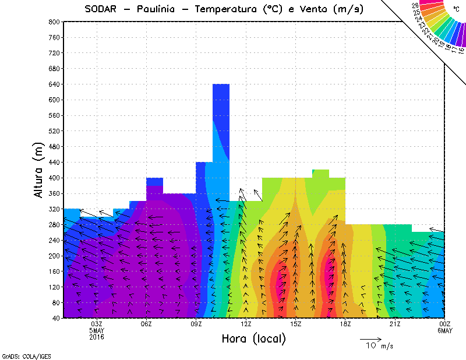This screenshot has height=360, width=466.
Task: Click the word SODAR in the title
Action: click(x=100, y=9)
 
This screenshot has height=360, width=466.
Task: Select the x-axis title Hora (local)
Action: click(x=253, y=338)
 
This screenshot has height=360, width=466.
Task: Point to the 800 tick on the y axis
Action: click(x=54, y=22)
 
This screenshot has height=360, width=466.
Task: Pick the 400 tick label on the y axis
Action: click(x=54, y=178)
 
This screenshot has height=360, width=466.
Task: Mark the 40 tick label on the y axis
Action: click(x=56, y=318)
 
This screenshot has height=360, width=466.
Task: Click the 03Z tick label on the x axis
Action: click(x=97, y=324)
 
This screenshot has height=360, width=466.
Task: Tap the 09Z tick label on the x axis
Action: click(x=196, y=324)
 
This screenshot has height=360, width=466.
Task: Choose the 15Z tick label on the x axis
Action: click(x=296, y=324)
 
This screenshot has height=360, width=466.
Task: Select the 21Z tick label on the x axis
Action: click(x=396, y=324)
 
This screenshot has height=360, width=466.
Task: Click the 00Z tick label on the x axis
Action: click(x=445, y=324)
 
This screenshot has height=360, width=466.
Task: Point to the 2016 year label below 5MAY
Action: click(x=97, y=337)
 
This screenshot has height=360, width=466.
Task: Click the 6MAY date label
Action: click(x=445, y=330)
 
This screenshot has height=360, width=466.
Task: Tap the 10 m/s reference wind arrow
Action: click(x=370, y=338)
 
